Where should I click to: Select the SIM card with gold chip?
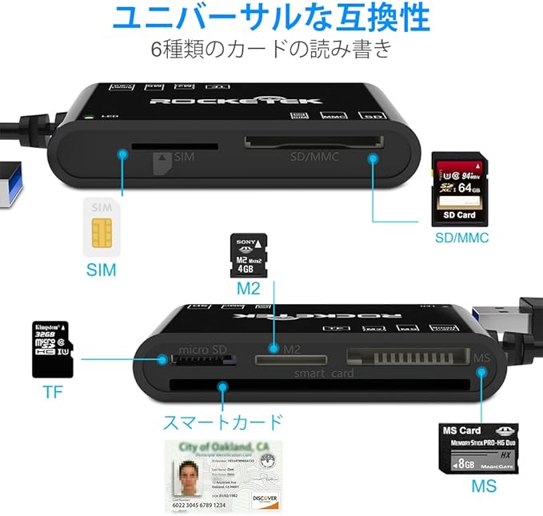click(x=102, y=227)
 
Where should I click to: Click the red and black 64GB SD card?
click(x=461, y=189)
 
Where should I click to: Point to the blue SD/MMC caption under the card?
click(x=461, y=238)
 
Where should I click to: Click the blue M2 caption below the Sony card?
click(x=248, y=288)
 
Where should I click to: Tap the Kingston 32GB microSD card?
click(x=52, y=349)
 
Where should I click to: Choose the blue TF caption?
click(x=52, y=392)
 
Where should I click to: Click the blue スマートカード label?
click(x=222, y=422)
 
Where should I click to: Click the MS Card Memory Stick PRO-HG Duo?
click(x=481, y=448)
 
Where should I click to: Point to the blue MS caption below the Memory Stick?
click(x=483, y=486)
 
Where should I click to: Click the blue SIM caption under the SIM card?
click(x=102, y=270)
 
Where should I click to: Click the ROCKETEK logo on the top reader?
click(x=237, y=100)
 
